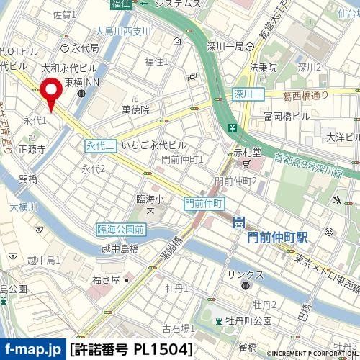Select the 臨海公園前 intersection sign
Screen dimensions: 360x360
click(x=121, y=229)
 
